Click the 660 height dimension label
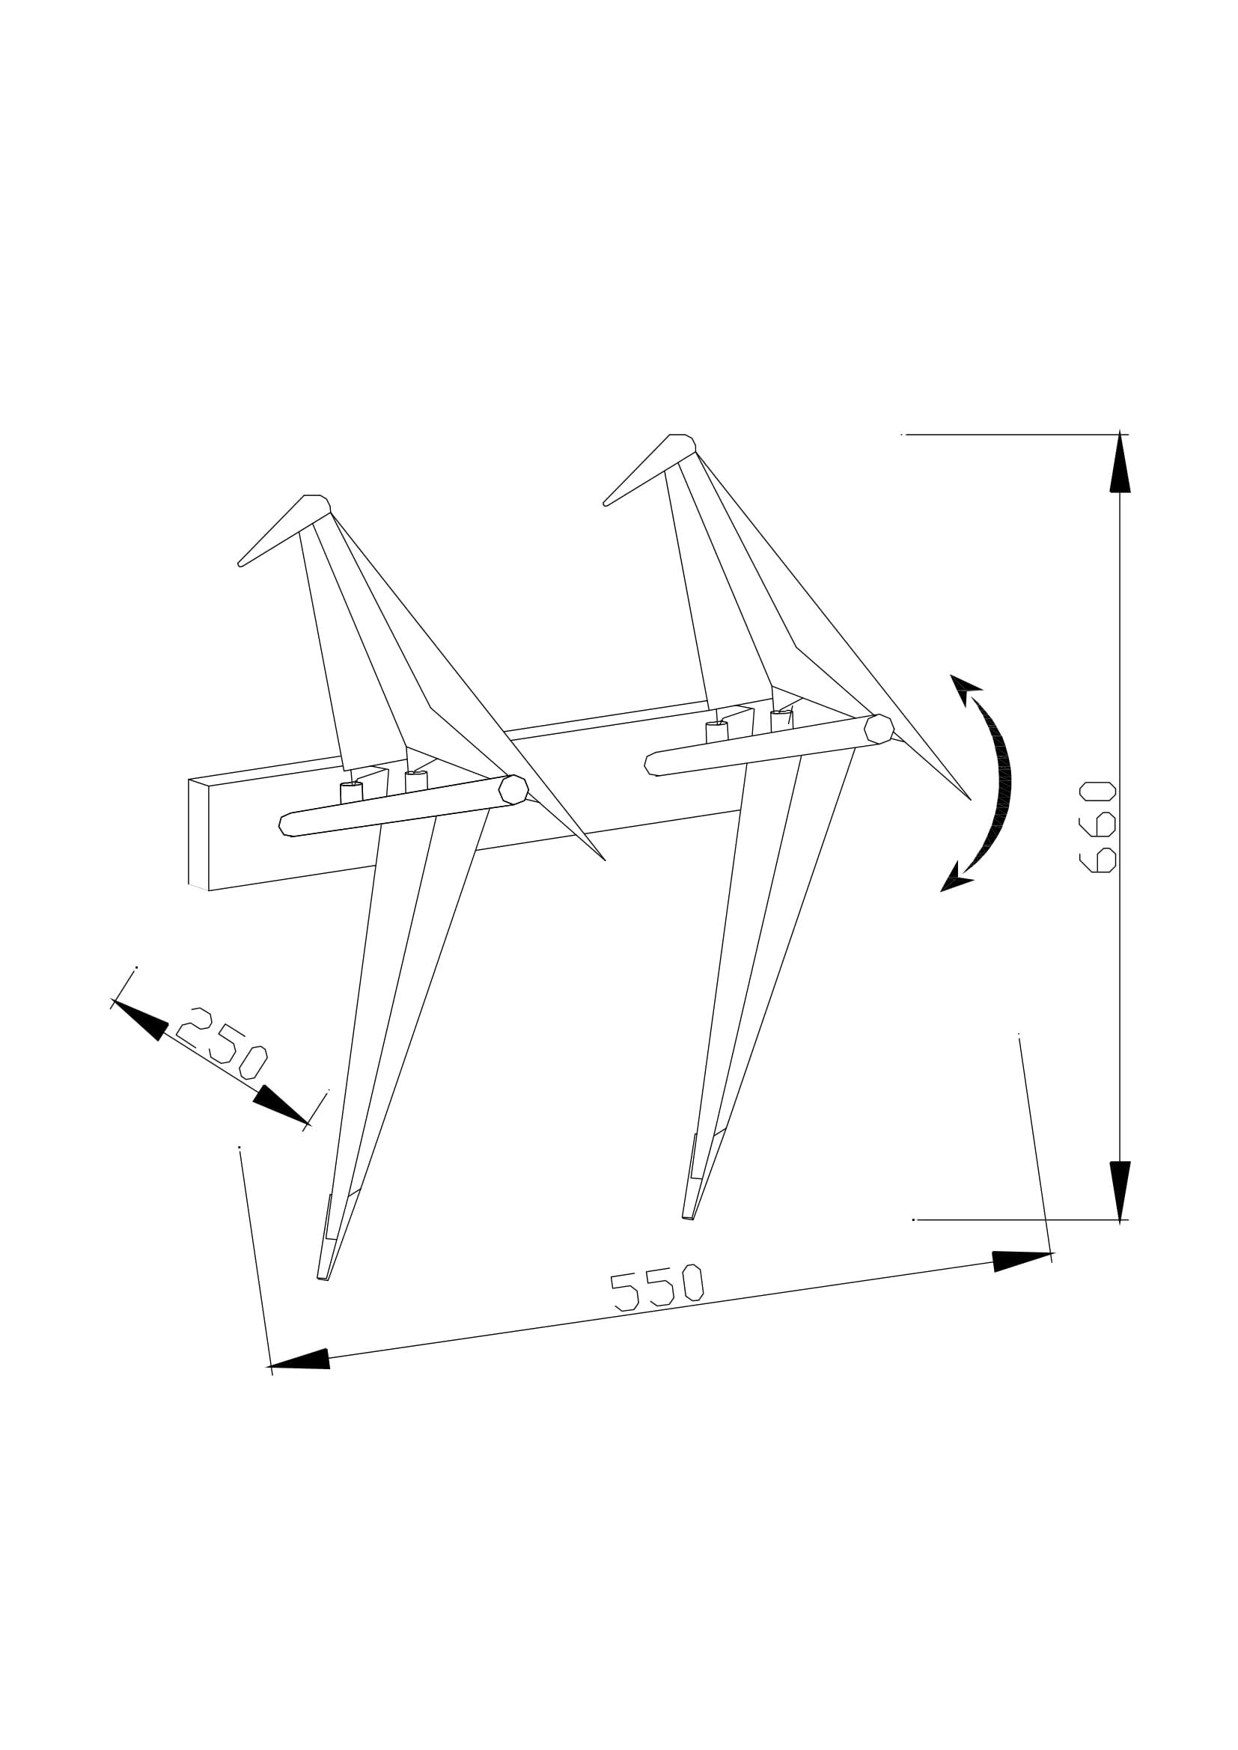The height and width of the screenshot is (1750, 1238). point(1098,827)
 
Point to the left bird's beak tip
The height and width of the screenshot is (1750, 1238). point(240,564)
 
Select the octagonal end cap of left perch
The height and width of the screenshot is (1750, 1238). point(513,789)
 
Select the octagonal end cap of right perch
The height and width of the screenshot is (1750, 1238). point(879,729)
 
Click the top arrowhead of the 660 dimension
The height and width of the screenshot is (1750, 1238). point(1120,465)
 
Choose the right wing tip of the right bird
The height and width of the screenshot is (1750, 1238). point(969,799)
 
